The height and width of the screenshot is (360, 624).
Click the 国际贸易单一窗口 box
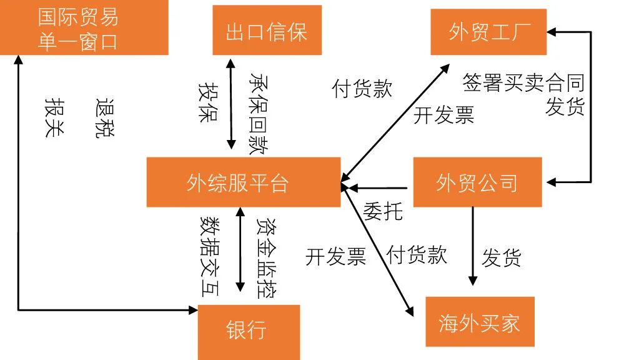84,27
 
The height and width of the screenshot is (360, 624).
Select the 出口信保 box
267,31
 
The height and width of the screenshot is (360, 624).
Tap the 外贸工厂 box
488,32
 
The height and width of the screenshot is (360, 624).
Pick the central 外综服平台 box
244,182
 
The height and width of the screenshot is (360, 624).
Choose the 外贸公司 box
477,182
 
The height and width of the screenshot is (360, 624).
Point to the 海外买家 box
480,322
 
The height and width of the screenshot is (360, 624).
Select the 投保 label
207,101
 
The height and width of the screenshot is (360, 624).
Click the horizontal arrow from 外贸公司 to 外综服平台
378,187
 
